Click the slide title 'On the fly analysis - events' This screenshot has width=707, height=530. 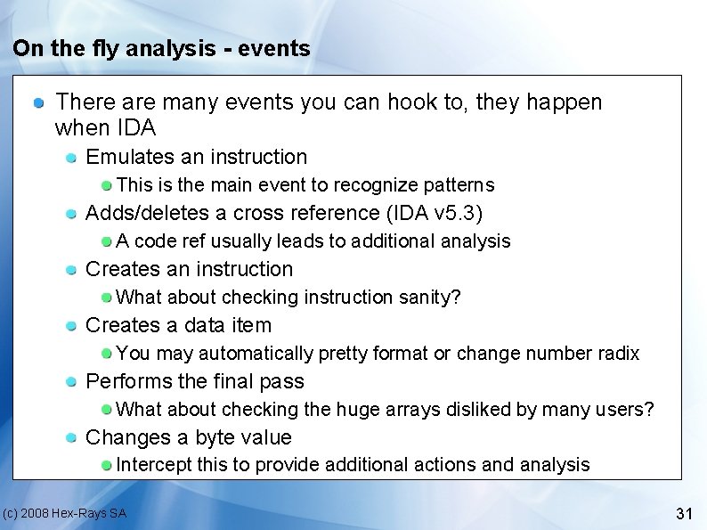pyautogui.click(x=161, y=48)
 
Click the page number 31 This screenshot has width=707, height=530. pyautogui.click(x=684, y=513)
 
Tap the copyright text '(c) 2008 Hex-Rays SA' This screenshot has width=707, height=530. pyautogui.click(x=64, y=513)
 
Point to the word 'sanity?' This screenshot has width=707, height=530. pyautogui.click(x=430, y=297)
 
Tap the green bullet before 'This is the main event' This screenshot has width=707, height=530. pyautogui.click(x=107, y=185)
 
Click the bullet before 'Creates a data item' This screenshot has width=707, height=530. pyautogui.click(x=72, y=326)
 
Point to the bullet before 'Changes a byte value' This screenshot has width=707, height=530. pyautogui.click(x=72, y=438)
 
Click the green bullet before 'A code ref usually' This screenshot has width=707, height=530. pyautogui.click(x=107, y=241)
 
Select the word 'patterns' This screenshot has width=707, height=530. pyautogui.click(x=460, y=185)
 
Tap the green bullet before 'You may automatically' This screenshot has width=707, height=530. pyautogui.click(x=107, y=354)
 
